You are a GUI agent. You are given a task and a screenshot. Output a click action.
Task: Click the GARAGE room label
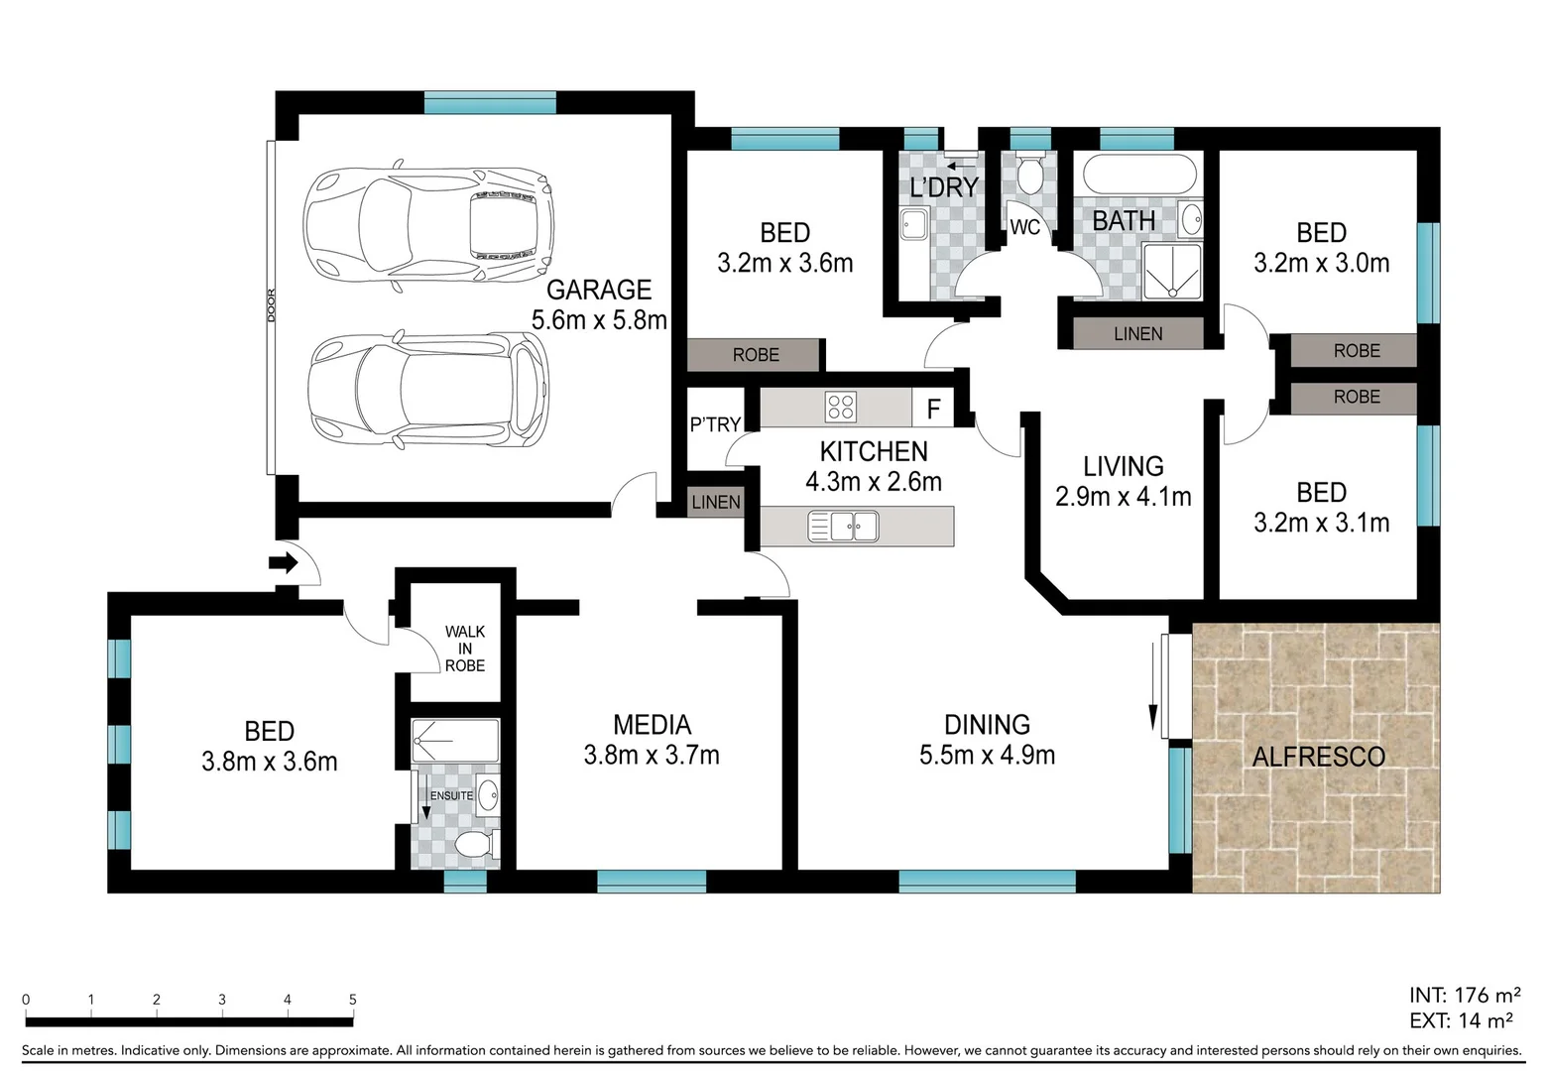click(x=599, y=290)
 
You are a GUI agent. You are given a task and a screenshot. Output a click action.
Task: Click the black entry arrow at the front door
click(x=284, y=563)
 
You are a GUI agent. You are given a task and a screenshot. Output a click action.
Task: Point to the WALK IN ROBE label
click(x=465, y=649)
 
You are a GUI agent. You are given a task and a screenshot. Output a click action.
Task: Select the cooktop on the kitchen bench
click(x=841, y=408)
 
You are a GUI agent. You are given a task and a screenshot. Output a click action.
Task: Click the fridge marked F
click(x=933, y=409)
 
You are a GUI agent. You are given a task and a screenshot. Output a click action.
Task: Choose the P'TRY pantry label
click(x=715, y=424)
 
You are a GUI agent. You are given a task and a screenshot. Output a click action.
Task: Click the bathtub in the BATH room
click(x=1139, y=175)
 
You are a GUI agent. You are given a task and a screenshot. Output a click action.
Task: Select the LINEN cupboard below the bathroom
click(x=1137, y=334)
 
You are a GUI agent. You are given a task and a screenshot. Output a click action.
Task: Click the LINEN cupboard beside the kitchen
click(x=716, y=502)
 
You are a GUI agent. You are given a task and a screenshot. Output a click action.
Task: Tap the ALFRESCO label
click(x=1318, y=757)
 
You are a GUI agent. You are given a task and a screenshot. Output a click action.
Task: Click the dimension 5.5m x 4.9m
click(x=987, y=755)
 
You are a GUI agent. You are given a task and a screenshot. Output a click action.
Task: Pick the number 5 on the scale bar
click(x=352, y=1000)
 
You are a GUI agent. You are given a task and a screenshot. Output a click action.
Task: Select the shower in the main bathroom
click(x=1172, y=271)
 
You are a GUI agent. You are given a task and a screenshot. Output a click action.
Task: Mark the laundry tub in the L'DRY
click(x=913, y=226)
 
